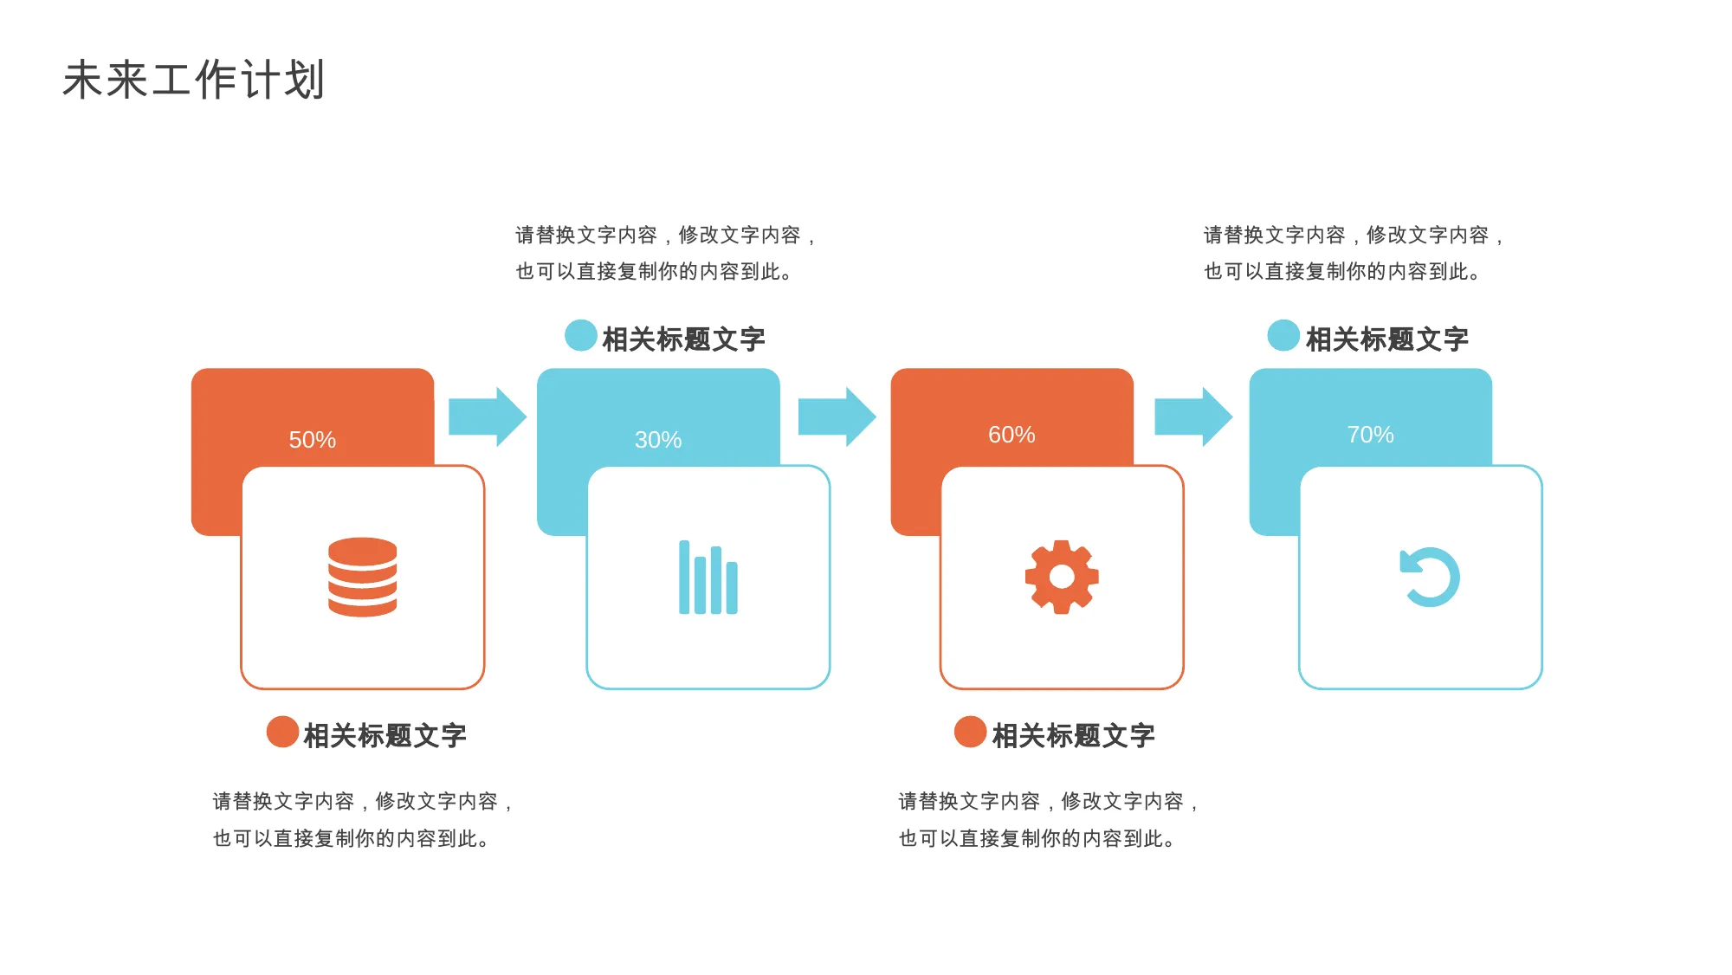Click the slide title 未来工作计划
pos(194,80)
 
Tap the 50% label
pos(313,440)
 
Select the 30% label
pos(658,440)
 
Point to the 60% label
pos(1011,435)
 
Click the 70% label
pos(1370,435)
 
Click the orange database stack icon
pos(363,578)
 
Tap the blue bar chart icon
pos(708,578)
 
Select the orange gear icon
pos(1062,578)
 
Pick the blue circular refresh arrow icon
pos(1430,577)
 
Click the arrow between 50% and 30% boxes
pos(488,416)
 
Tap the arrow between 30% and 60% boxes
pos(837,416)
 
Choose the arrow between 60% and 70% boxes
pos(1193,416)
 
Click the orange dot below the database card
pos(282,732)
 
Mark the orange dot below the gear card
pos(970,732)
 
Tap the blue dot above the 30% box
pos(581,336)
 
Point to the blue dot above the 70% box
pos(1283,336)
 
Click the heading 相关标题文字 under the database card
pos(385,736)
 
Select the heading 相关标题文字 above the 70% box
pos(1387,339)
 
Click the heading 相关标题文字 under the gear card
pos(1073,736)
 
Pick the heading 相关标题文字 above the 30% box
pos(684,339)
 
